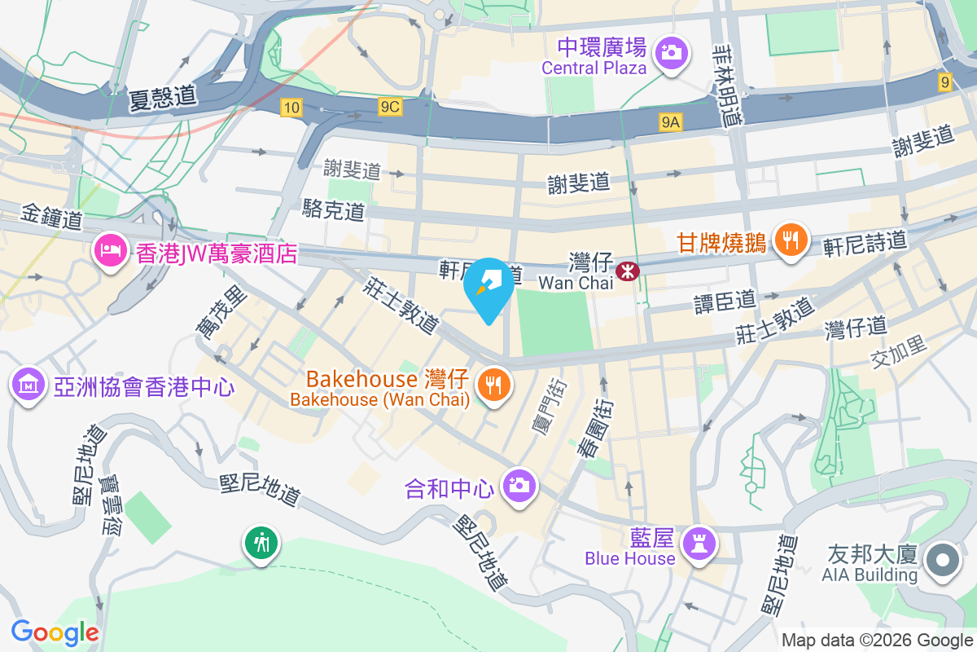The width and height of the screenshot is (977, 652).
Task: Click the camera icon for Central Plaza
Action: (672, 54)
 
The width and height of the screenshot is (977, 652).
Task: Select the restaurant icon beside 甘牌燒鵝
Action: (790, 240)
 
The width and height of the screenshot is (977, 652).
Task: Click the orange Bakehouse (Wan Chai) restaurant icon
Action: (493, 383)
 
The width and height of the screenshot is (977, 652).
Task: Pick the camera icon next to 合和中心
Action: (519, 487)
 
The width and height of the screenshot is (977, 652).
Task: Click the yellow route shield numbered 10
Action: (291, 106)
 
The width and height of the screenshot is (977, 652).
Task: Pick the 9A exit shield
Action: (671, 122)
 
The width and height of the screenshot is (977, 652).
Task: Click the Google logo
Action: (55, 632)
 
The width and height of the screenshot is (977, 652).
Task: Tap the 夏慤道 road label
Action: (163, 98)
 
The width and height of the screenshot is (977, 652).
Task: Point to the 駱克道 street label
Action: (333, 210)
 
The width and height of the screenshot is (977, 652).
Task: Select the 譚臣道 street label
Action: (725, 302)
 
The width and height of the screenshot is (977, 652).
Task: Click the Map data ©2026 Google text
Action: (878, 640)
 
